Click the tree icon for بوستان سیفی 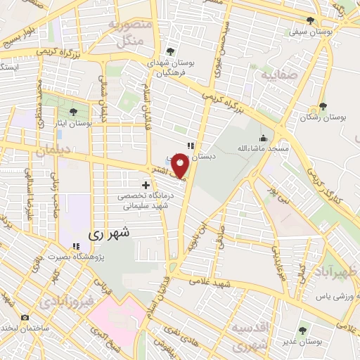tap(311, 20)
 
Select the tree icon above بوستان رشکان tap(322, 106)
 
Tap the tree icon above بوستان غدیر tap(304, 328)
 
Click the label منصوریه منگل tap(127, 33)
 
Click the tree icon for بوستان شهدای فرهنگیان tap(169, 51)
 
